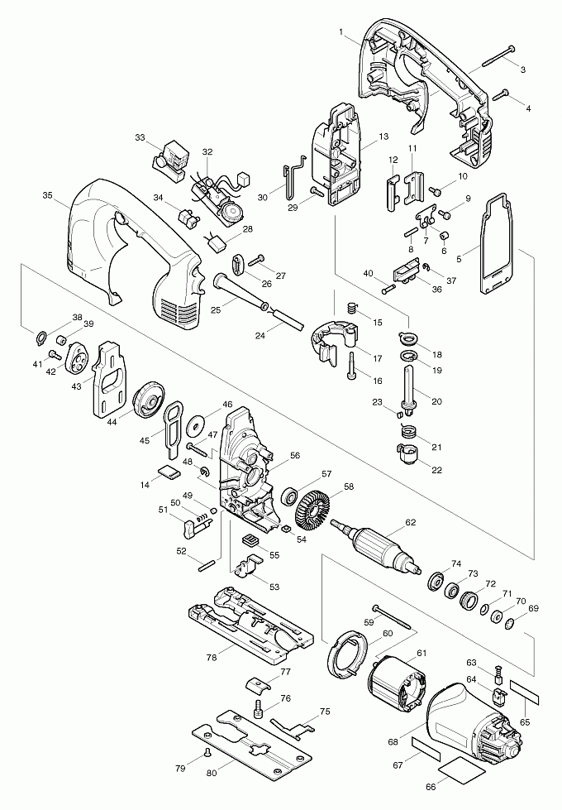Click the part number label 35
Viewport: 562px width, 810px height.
tap(47, 196)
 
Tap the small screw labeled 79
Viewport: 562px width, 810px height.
tap(204, 751)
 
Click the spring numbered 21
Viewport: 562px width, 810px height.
tap(407, 430)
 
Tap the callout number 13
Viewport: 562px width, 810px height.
tap(383, 136)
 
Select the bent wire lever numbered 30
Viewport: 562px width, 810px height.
tap(289, 184)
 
